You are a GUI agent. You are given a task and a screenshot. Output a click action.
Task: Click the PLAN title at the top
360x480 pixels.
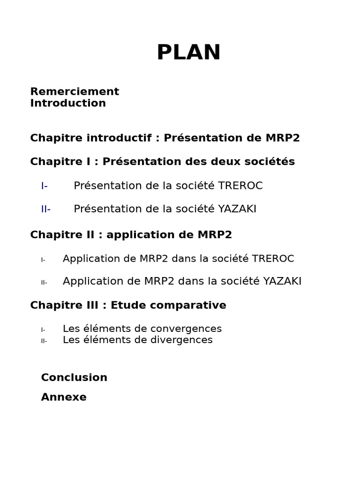pos(188,52)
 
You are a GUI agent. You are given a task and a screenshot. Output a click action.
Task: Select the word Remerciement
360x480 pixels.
pos(75,91)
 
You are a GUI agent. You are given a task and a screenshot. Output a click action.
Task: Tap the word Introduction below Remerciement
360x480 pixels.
pos(68,103)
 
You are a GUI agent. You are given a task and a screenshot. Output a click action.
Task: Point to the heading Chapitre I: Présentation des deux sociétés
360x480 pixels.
pos(162,162)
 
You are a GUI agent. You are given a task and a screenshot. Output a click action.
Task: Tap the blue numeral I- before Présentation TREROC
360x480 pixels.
pos(44,186)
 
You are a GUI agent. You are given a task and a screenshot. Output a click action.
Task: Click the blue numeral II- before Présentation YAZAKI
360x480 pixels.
pos(45,210)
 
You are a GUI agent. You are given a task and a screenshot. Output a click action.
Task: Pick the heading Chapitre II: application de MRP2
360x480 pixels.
pos(131,235)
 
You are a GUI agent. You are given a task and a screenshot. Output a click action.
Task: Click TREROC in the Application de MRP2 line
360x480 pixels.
pos(273,259)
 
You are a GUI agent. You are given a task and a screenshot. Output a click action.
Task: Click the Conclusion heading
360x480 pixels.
pos(74,378)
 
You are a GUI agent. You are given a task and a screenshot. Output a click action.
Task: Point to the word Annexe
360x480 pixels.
pos(64,397)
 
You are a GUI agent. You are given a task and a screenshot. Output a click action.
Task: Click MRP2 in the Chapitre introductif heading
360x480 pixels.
pos(282,138)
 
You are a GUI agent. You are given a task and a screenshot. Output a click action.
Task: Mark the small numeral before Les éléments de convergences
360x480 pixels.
pos(43,330)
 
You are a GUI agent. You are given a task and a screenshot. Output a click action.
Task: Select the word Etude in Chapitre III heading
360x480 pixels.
pos(126,306)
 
